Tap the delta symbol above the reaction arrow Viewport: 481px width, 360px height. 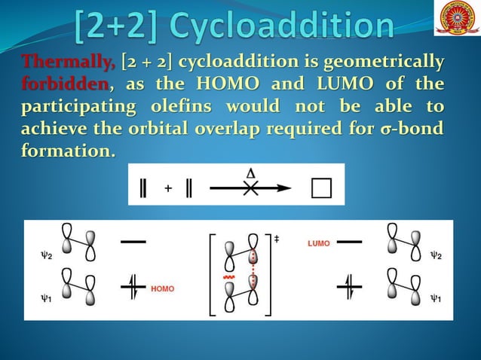coord(250,172)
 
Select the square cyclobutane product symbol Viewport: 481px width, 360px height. coord(321,188)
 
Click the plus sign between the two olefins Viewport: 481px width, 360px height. coord(167,189)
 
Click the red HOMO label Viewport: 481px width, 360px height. coord(163,288)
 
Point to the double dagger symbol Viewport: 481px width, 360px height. coord(276,238)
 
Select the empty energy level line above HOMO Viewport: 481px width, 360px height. coord(133,242)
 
